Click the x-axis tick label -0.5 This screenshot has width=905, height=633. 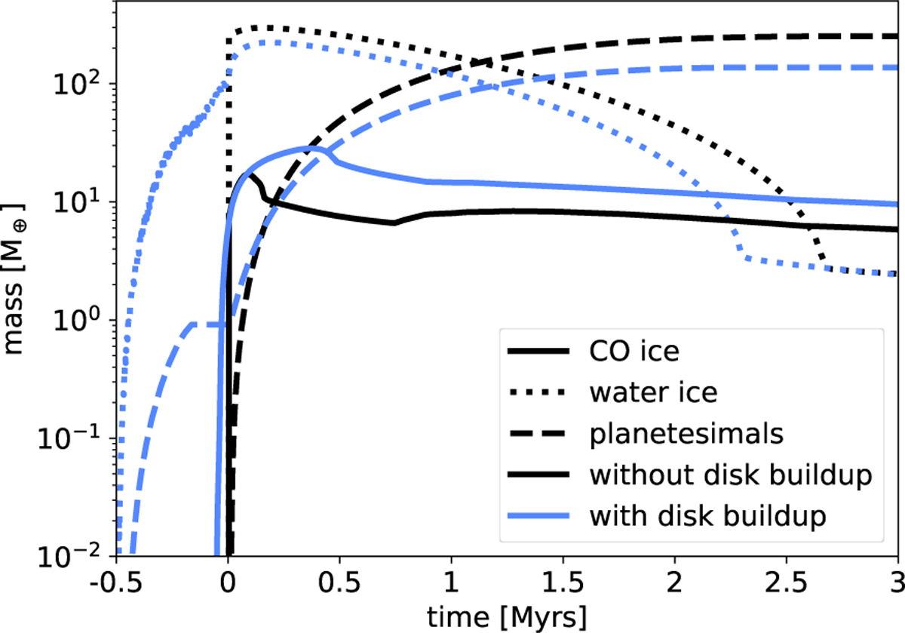115,584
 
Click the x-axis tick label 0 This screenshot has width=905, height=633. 228,584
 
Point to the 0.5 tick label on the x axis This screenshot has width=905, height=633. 339,584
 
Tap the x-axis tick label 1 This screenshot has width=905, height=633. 451,584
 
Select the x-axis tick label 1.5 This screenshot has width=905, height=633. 563,584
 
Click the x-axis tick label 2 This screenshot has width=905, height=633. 674,584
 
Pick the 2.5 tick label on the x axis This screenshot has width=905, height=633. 786,584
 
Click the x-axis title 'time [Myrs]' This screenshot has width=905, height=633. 506,616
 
